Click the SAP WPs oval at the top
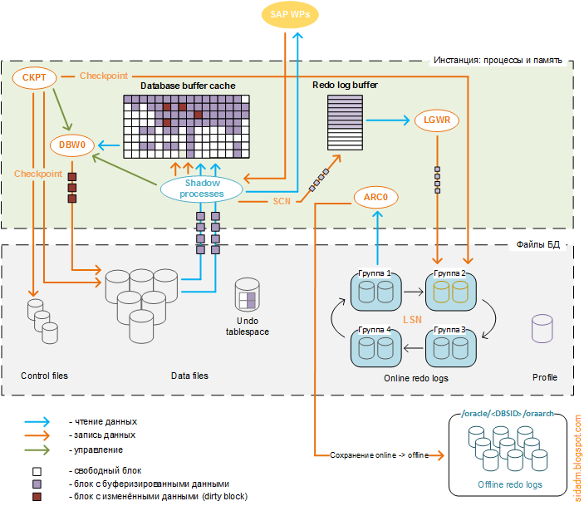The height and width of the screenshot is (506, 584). [x=289, y=14]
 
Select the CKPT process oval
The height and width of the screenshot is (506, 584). [x=34, y=78]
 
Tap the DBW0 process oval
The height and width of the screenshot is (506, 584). [x=72, y=145]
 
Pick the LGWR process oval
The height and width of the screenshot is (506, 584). [x=436, y=121]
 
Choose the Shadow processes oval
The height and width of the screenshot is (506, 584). [x=204, y=189]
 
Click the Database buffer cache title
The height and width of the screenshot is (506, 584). [x=188, y=86]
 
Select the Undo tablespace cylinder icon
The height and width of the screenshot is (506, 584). [x=247, y=295]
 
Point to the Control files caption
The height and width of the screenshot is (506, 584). [x=44, y=376]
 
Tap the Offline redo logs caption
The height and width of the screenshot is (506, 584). [x=509, y=484]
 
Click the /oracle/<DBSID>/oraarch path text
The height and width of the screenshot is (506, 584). [x=508, y=413]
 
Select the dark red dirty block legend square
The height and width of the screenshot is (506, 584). [x=37, y=496]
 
